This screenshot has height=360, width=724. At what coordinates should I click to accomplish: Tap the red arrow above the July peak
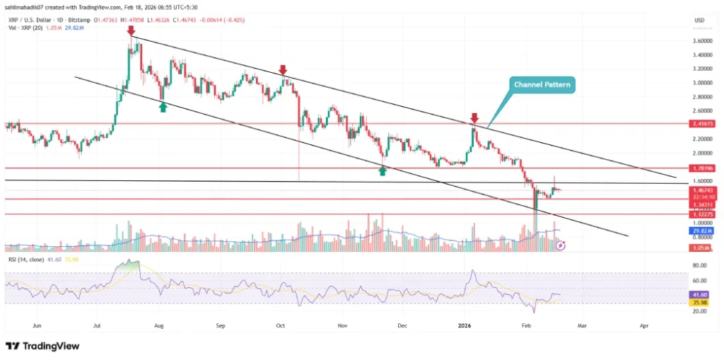tap(131, 31)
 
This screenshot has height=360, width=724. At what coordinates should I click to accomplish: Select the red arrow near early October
tap(283, 70)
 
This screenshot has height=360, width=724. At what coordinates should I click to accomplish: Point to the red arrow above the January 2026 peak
tap(474, 117)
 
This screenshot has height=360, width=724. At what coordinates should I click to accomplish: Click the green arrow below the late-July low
tap(163, 107)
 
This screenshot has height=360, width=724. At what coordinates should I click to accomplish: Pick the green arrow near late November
tap(383, 170)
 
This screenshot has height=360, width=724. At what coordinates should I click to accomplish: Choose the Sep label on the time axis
tap(221, 327)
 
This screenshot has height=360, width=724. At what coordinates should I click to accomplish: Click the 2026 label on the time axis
tap(464, 327)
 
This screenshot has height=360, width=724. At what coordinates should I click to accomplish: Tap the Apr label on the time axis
tap(643, 327)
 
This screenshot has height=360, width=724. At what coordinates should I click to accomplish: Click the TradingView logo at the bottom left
tap(42, 346)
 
